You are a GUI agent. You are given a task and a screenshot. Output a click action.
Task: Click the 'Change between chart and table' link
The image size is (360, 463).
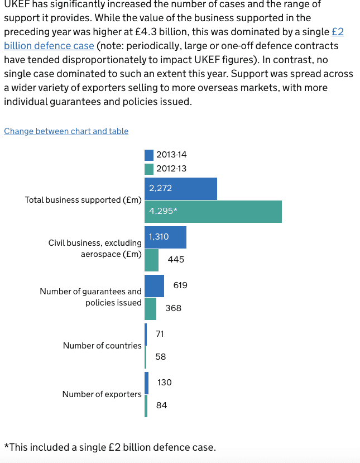(66, 131)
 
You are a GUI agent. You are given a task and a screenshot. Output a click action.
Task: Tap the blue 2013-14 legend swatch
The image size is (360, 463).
(149, 155)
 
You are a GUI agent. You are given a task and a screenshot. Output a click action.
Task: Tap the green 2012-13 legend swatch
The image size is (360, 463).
(149, 168)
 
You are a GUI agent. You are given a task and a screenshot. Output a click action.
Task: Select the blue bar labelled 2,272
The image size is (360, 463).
(180, 189)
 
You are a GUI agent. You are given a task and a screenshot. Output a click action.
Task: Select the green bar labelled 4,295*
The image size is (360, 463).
(213, 212)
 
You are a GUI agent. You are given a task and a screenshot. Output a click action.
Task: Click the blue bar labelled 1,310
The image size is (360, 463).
(165, 237)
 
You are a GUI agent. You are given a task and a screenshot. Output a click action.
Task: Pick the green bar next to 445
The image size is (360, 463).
(151, 260)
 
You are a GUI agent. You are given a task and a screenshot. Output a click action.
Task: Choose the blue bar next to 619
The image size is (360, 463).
(154, 286)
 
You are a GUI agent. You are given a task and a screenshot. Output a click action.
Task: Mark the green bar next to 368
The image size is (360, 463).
(150, 308)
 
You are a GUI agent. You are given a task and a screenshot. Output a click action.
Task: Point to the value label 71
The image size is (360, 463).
(160, 334)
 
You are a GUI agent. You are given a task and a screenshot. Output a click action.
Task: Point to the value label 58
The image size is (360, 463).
(160, 356)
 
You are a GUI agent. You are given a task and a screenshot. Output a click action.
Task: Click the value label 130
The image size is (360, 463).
(165, 383)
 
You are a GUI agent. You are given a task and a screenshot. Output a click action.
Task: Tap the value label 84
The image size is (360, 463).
(161, 405)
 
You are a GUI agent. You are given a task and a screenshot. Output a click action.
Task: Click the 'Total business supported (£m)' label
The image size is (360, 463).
(83, 200)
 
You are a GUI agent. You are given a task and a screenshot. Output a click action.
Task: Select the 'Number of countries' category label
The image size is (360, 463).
(102, 346)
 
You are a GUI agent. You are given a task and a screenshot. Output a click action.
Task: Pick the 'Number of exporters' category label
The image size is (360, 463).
(102, 394)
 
